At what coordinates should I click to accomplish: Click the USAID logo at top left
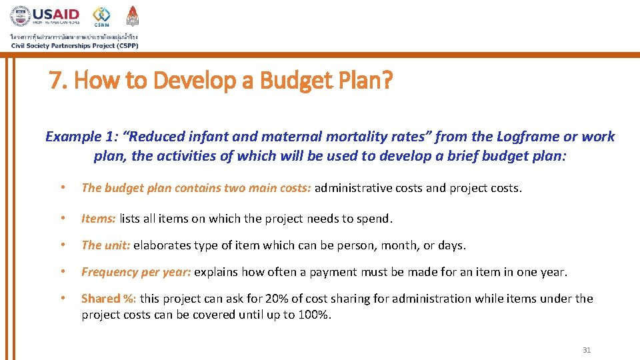45,16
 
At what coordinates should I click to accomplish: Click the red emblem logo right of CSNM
132,15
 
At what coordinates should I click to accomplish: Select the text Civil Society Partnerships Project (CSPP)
75,45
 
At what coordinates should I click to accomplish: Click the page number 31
587,350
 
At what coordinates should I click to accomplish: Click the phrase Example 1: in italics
83,137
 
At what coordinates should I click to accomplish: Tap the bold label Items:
99,218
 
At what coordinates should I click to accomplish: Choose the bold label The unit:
106,245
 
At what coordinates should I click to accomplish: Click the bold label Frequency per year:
136,272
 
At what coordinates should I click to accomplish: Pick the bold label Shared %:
109,299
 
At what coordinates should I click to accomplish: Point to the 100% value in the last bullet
315,314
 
